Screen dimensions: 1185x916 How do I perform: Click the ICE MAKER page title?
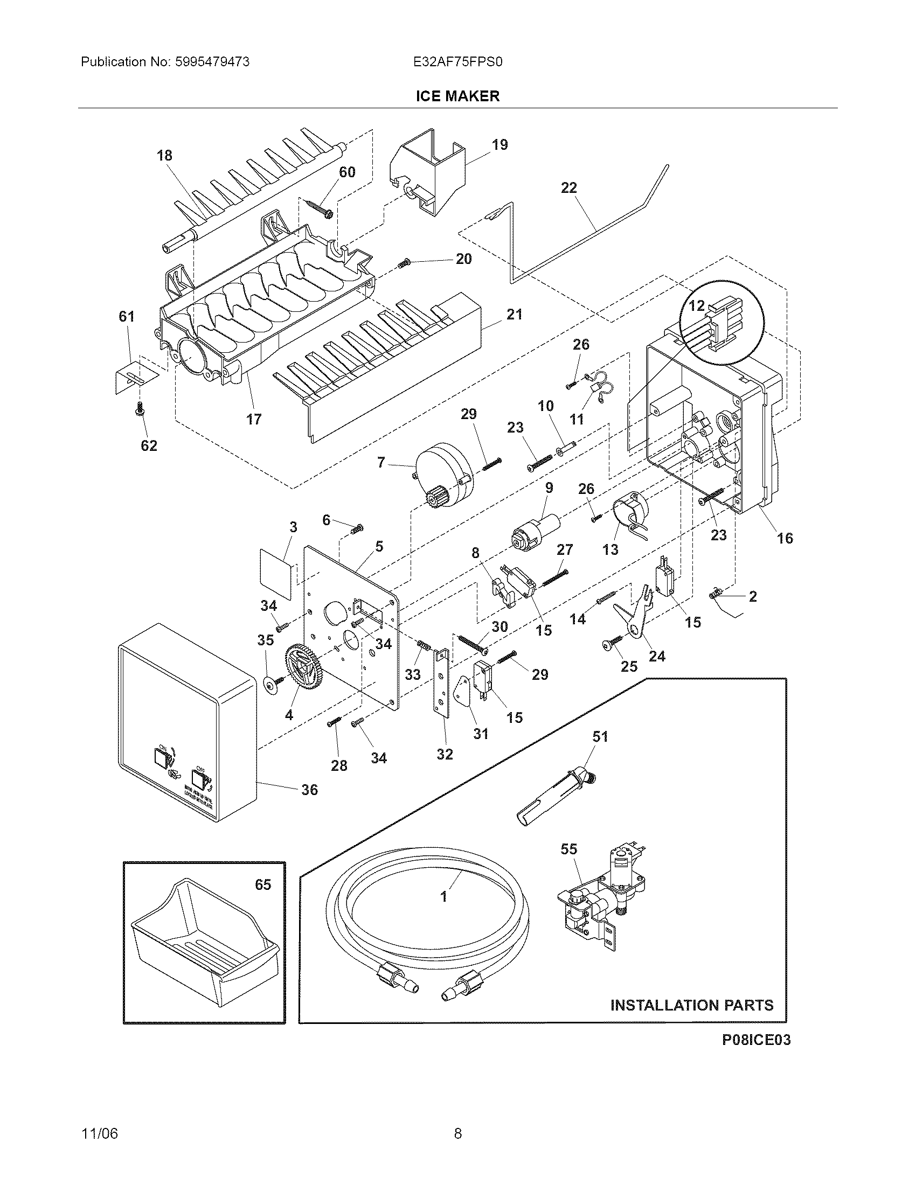(x=457, y=96)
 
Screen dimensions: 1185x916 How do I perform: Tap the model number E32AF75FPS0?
(x=458, y=62)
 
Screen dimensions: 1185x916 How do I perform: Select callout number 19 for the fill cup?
(x=500, y=145)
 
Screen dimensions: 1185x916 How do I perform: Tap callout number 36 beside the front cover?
(x=309, y=790)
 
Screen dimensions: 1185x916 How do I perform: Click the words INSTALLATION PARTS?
(x=692, y=1006)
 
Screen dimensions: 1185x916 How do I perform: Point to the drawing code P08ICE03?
(x=756, y=1040)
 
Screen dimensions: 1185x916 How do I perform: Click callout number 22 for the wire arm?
(x=568, y=188)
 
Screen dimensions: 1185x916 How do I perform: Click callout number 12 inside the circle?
(x=696, y=305)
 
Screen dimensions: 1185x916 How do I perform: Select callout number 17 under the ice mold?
(x=254, y=419)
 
